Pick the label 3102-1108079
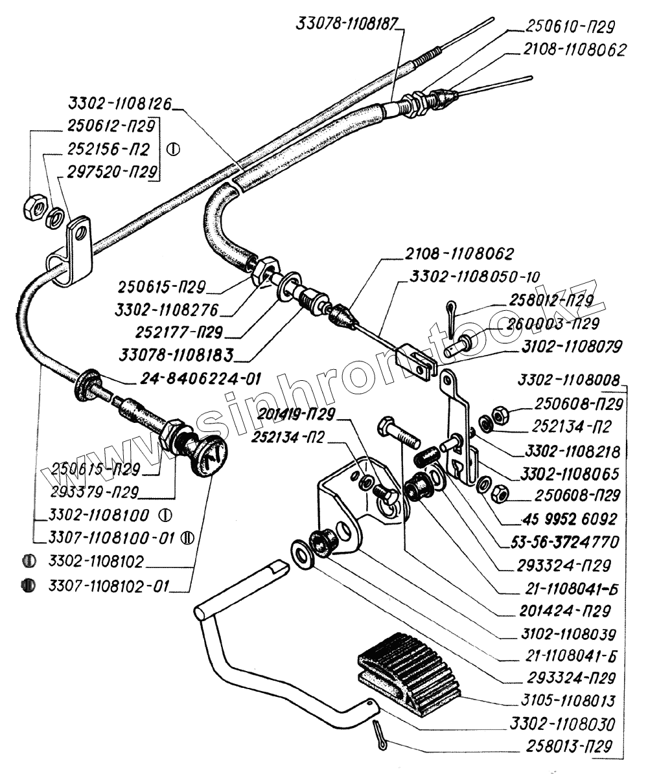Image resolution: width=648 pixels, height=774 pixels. (x=570, y=346)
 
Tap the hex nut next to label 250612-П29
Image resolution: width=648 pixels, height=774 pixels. (x=33, y=207)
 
